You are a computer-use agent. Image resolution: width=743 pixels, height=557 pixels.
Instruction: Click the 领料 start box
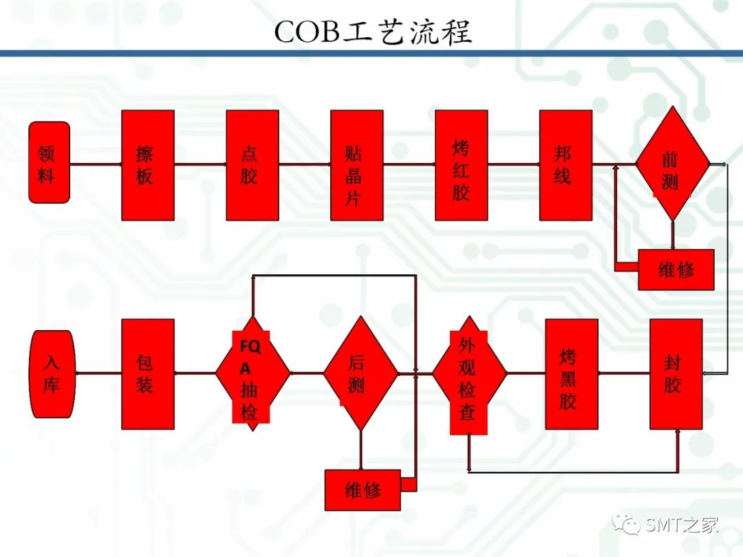(50, 162)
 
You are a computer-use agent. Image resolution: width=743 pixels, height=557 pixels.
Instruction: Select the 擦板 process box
(148, 165)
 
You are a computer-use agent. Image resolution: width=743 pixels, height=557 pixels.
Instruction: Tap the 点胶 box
(252, 165)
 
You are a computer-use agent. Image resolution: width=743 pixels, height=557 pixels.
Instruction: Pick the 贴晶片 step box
(357, 165)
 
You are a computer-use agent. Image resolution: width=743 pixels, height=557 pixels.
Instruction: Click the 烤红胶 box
(461, 165)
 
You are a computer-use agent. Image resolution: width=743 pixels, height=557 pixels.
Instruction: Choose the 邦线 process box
(566, 165)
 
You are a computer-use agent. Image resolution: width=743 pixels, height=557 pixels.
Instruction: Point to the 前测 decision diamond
(673, 164)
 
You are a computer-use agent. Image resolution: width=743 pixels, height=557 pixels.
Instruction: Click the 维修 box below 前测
(676, 270)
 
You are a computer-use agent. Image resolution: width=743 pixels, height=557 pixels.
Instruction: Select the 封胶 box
(676, 374)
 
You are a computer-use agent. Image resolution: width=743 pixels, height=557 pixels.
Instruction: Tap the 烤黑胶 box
(572, 374)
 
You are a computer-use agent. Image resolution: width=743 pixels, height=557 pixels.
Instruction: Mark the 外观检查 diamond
(469, 374)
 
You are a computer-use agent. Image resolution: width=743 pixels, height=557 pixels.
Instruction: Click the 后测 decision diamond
(360, 373)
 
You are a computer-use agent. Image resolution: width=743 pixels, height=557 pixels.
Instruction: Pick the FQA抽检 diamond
(252, 373)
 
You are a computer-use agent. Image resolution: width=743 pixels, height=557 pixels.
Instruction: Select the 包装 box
(148, 374)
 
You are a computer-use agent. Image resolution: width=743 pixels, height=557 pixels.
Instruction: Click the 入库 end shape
(52, 374)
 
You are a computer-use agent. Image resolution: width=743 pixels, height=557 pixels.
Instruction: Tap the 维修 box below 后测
(363, 490)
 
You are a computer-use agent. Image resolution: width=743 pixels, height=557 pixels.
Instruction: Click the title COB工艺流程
(373, 32)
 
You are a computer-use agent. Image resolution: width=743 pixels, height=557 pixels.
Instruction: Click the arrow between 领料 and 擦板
(96, 164)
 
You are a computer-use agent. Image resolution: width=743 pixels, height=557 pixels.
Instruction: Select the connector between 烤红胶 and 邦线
(514, 164)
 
